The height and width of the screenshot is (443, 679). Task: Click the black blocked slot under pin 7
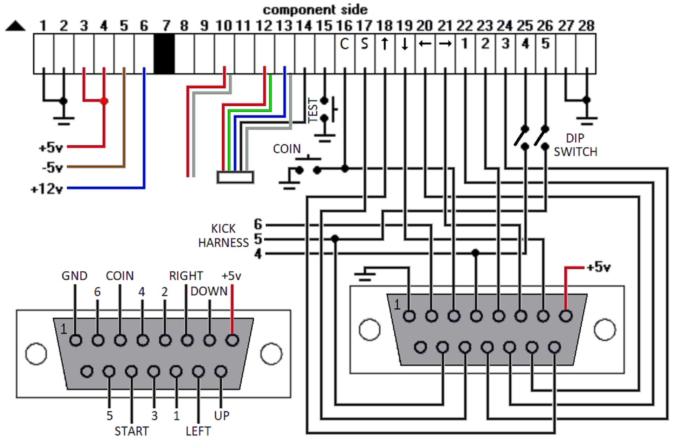(x=164, y=54)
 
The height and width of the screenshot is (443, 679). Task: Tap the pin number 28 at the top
(x=586, y=26)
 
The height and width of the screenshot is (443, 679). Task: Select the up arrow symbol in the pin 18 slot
(x=385, y=44)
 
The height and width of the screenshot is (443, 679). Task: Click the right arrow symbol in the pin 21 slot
(x=445, y=43)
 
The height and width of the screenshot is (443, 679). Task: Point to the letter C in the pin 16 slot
(x=344, y=44)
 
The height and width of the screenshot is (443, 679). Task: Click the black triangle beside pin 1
(x=15, y=26)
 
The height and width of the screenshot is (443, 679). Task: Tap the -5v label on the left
(x=52, y=167)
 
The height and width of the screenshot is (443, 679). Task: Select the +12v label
(x=47, y=189)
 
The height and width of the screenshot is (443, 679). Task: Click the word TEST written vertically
(x=313, y=110)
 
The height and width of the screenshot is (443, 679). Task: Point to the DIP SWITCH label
(x=575, y=145)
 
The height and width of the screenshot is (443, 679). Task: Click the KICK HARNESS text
(x=224, y=235)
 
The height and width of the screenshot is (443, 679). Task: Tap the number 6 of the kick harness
(x=258, y=224)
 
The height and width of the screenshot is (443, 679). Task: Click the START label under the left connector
(x=131, y=431)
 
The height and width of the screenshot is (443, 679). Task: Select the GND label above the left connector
(x=74, y=276)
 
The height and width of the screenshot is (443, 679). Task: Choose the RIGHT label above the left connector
(x=186, y=276)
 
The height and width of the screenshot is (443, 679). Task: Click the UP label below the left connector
(x=222, y=415)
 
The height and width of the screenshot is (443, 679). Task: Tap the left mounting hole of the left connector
(x=36, y=354)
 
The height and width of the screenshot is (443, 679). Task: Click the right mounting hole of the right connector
(x=605, y=330)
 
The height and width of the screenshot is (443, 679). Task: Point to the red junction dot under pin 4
(x=104, y=101)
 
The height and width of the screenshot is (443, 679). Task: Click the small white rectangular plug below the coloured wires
(x=235, y=177)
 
